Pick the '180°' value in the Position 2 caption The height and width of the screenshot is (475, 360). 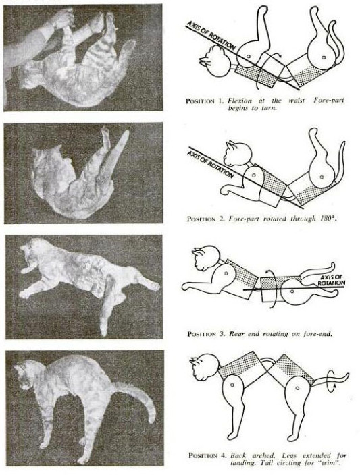pos(321,219)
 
